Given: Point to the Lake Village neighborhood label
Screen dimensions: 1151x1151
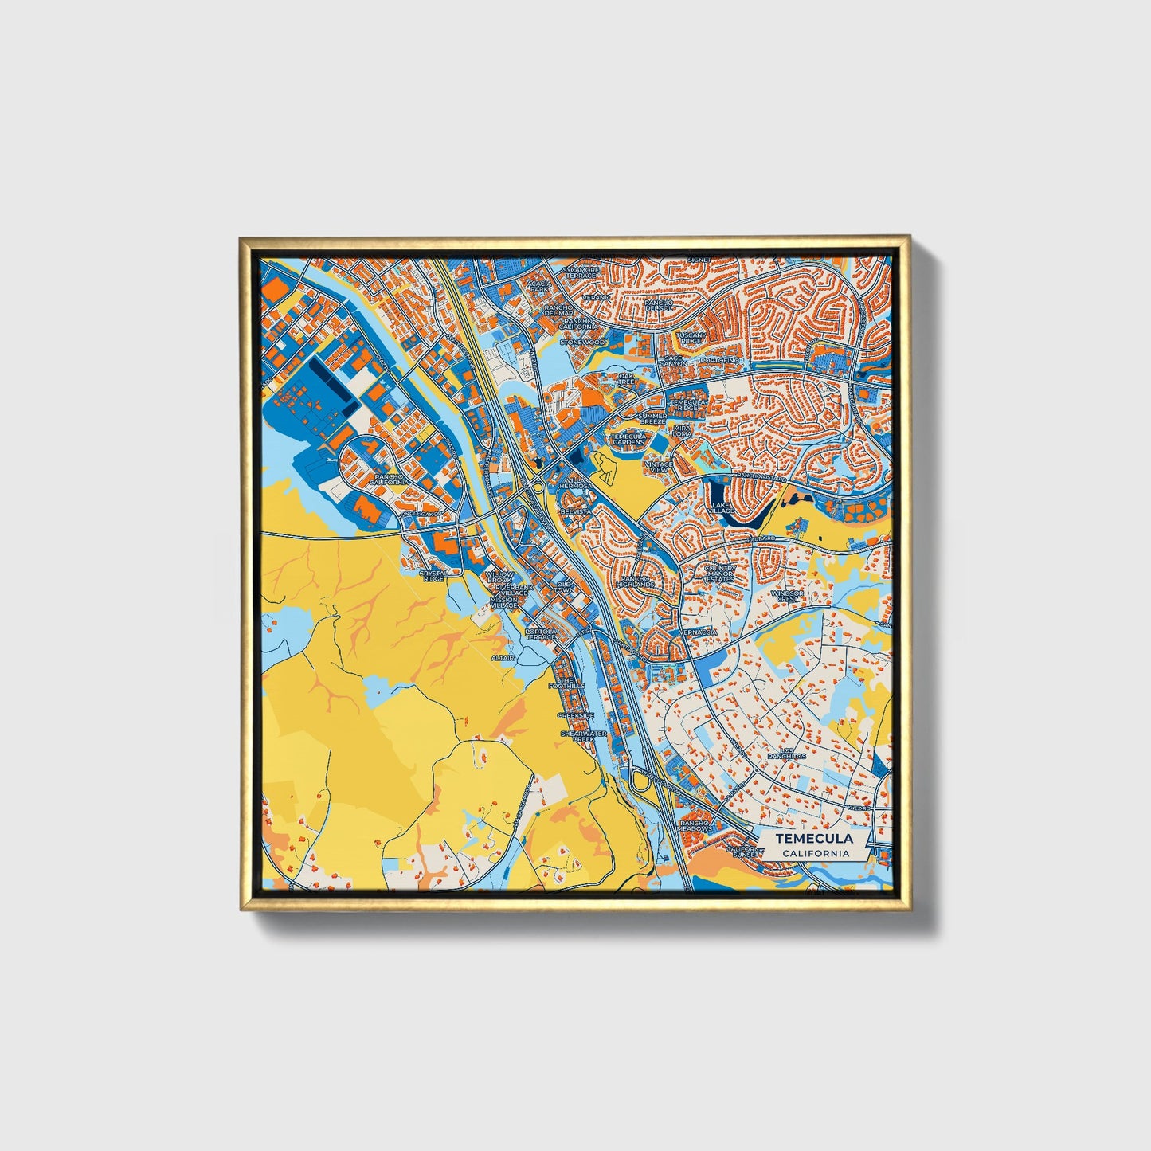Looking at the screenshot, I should click(x=720, y=508).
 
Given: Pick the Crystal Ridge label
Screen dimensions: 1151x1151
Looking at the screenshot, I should click(x=433, y=575).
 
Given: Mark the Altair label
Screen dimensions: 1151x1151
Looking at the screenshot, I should click(x=503, y=658).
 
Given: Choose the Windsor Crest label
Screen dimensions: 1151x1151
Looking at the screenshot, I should click(x=788, y=596).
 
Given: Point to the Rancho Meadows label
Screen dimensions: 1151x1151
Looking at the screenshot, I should click(x=695, y=825).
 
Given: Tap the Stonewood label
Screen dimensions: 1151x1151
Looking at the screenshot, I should click(x=582, y=342).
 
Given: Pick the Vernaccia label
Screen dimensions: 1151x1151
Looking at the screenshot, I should click(x=699, y=632).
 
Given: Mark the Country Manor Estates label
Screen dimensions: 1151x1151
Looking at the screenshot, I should click(x=720, y=574).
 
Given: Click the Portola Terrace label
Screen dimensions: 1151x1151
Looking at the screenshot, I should click(x=541, y=635).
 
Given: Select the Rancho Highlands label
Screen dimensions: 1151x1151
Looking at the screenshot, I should click(x=637, y=582).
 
